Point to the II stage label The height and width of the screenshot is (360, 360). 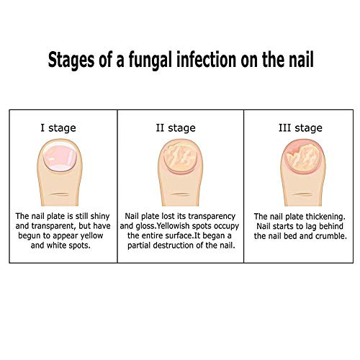[x=177, y=128]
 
